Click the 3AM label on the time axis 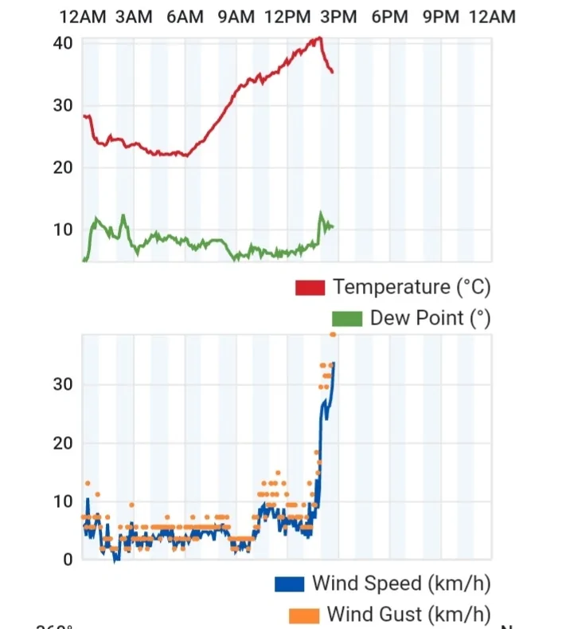pyautogui.click(x=134, y=17)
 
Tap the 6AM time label pyautogui.click(x=185, y=17)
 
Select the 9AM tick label pyautogui.click(x=236, y=17)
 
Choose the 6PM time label pyautogui.click(x=389, y=17)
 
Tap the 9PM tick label pyautogui.click(x=440, y=17)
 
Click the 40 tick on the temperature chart pyautogui.click(x=64, y=43)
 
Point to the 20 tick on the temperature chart pyautogui.click(x=64, y=167)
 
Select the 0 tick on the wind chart pyautogui.click(x=68, y=560)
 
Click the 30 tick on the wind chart pyautogui.click(x=64, y=384)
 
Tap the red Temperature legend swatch pyautogui.click(x=310, y=287)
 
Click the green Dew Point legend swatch pyautogui.click(x=346, y=319)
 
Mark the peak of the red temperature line pyautogui.click(x=319, y=37)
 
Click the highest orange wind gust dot pyautogui.click(x=333, y=335)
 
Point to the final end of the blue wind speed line pyautogui.click(x=334, y=363)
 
